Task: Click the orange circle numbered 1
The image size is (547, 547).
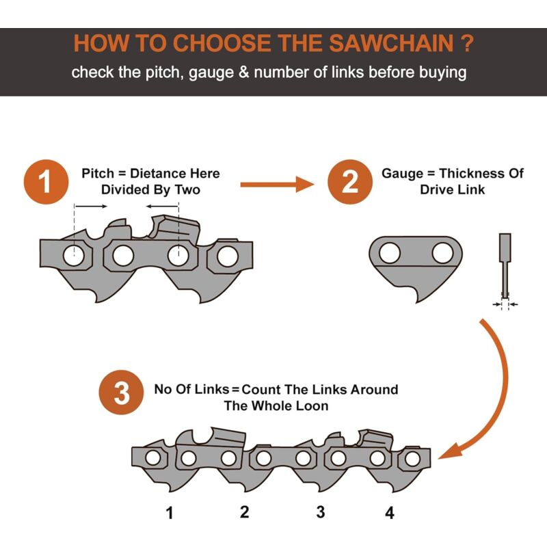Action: (x=46, y=182)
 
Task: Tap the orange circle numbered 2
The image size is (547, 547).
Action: (x=349, y=182)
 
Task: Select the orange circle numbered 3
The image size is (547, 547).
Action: (x=121, y=392)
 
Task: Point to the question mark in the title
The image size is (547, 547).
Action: (x=467, y=43)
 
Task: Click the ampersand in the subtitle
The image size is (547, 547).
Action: (x=244, y=72)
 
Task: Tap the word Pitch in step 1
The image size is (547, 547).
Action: (x=98, y=174)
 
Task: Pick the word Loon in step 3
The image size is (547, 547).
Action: (x=312, y=406)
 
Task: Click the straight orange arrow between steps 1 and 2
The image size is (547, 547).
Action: (x=278, y=184)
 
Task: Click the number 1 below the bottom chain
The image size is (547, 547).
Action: (x=170, y=513)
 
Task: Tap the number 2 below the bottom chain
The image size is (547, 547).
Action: (x=245, y=512)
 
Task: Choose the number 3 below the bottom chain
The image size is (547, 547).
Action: (x=321, y=512)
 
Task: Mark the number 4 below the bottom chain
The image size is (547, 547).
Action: (x=390, y=513)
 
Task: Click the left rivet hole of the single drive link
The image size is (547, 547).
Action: (x=389, y=253)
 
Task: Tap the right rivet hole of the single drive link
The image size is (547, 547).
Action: (x=442, y=253)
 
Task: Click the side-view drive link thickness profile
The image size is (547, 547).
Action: (x=505, y=266)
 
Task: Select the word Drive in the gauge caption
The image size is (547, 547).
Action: (x=435, y=190)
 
